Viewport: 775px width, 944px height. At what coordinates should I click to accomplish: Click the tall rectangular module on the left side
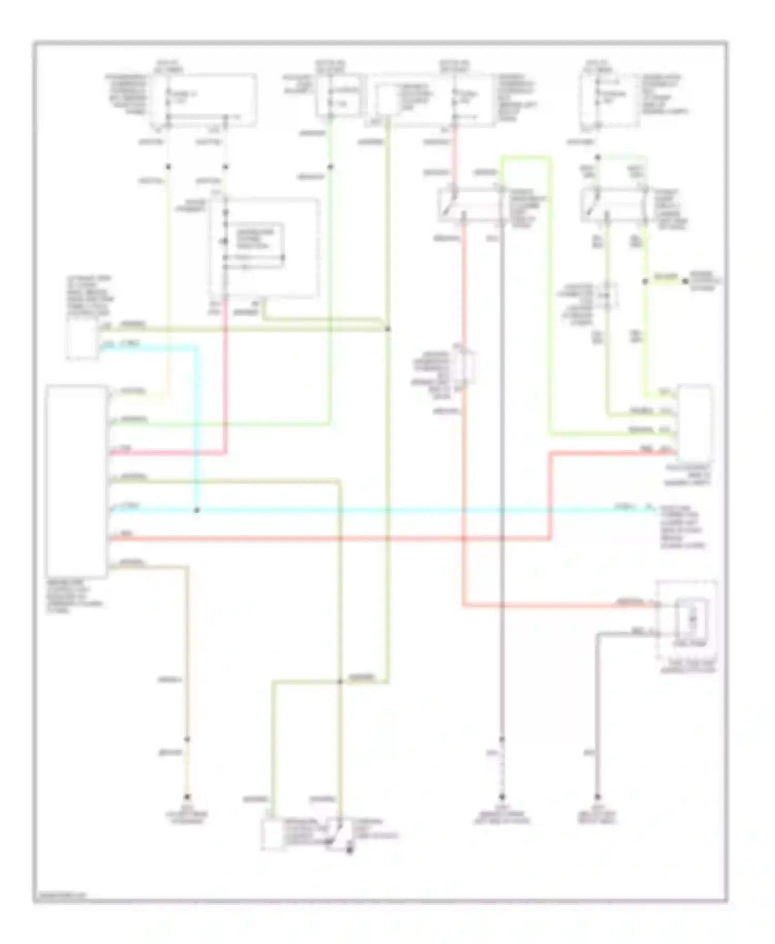click(76, 481)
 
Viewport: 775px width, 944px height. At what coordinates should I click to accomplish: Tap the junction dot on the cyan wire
click(196, 510)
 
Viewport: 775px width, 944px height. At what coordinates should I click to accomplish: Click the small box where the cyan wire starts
click(82, 340)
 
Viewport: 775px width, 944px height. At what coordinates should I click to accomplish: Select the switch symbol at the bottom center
click(338, 832)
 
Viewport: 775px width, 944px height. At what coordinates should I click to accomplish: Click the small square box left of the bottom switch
click(272, 833)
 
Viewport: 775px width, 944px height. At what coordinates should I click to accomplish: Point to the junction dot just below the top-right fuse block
click(598, 157)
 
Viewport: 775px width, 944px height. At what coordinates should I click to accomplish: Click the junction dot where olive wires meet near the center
click(388, 329)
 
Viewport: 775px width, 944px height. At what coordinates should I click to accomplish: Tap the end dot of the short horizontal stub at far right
click(685, 281)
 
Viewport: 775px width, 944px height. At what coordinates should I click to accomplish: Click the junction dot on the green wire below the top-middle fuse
click(331, 167)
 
